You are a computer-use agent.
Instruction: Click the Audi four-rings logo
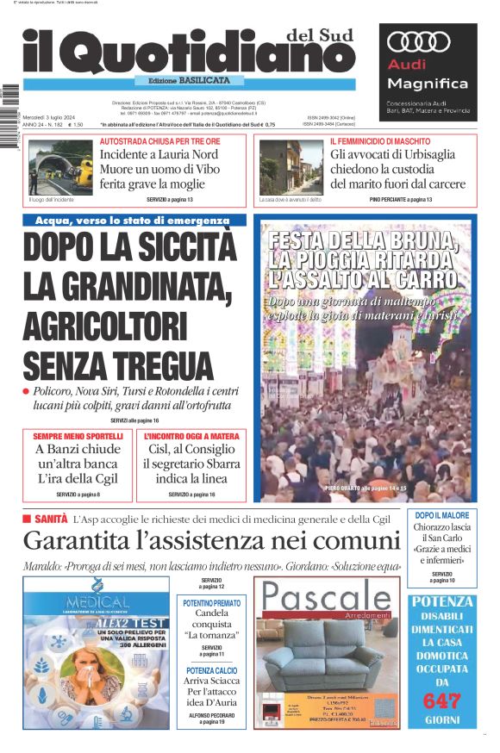tap(419, 41)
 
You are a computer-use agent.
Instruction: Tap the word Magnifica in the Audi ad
tap(428, 84)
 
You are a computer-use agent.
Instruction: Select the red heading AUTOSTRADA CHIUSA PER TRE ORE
tap(159, 140)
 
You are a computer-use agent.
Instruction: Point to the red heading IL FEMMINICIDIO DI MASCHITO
tap(382, 140)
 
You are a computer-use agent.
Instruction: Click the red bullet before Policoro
tap(27, 391)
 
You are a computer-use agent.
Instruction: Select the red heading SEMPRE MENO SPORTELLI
tap(78, 437)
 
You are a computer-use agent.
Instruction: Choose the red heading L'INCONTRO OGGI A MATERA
tap(191, 437)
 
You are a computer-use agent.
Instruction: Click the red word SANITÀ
tap(50, 520)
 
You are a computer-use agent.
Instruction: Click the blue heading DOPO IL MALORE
tap(442, 515)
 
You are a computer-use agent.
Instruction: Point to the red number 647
tap(442, 700)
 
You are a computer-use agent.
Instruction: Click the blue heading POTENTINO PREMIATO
tap(212, 604)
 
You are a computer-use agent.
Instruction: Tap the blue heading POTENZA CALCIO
tap(212, 669)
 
